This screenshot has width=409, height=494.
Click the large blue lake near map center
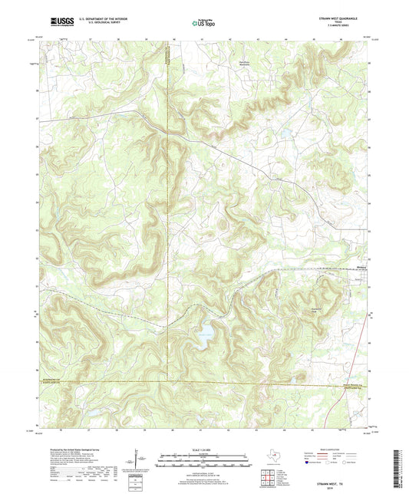pyautogui.click(x=204, y=333)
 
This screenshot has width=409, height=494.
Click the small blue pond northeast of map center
pyautogui.click(x=285, y=132)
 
